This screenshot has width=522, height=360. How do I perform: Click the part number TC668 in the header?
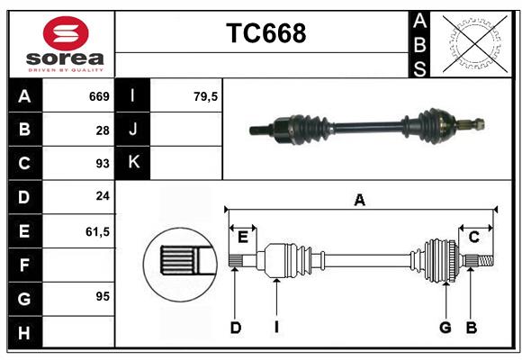tap(265, 33)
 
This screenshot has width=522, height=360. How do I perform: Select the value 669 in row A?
tap(99, 96)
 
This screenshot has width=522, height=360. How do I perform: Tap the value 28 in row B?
tap(102, 130)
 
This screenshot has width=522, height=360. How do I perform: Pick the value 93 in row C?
tap(102, 164)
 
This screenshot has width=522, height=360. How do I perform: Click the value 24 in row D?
tap(102, 197)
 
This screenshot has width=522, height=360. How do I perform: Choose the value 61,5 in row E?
tap(97, 231)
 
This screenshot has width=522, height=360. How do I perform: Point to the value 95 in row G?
tap(102, 296)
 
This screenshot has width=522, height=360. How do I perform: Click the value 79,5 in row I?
tap(206, 96)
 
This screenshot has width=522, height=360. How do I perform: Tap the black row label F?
tap(24, 265)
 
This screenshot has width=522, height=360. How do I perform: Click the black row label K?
tap(133, 163)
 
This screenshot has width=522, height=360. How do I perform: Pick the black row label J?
tap(133, 130)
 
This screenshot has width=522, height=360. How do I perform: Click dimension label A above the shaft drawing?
tap(359, 201)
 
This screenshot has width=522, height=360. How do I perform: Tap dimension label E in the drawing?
tap(242, 237)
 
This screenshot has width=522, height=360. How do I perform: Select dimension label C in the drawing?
tap(473, 237)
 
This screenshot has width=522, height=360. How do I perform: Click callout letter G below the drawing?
tap(445, 328)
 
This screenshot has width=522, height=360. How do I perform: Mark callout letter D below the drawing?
tap(235, 328)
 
